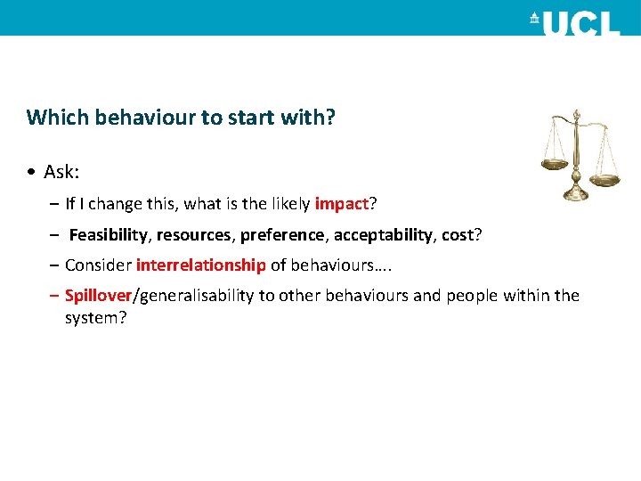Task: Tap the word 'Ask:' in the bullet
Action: [61, 172]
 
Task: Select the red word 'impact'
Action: [341, 204]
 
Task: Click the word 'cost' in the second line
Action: [458, 234]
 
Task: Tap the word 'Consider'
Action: [98, 265]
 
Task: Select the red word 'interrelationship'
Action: [201, 265]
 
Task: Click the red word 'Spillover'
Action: [98, 295]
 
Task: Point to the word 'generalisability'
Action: [195, 295]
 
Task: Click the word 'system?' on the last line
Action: [95, 316]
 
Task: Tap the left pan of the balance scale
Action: [555, 164]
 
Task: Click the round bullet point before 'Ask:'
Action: [31, 172]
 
